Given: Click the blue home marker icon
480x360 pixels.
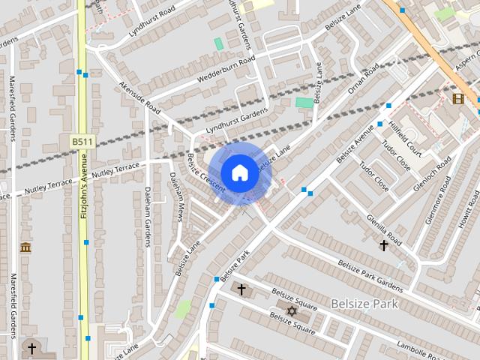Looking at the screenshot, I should point(239,173).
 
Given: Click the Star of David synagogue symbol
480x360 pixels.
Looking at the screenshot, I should point(292,310).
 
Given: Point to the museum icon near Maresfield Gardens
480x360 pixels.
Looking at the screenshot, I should point(25,247).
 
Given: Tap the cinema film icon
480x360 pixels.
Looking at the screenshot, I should point(458,98).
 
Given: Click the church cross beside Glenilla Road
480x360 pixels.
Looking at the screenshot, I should point(384,245).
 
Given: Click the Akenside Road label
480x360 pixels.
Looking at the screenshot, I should point(140,98).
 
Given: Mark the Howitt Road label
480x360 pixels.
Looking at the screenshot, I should point(469,211).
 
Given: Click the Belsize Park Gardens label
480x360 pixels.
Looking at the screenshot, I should point(370,275).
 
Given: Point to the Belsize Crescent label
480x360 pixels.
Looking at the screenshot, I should point(205,174).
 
